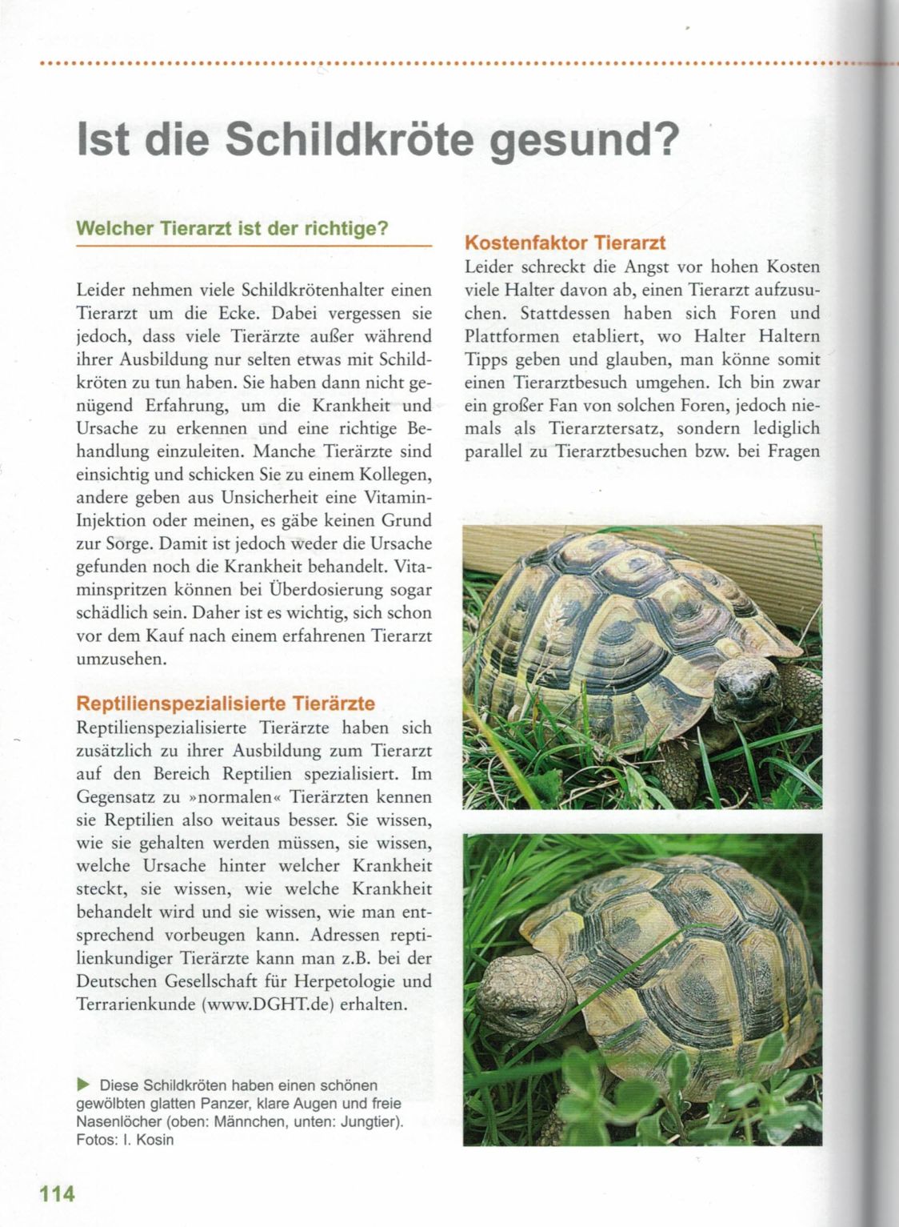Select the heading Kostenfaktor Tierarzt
point(565,243)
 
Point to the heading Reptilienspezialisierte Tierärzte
point(226,704)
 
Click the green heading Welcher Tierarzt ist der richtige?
point(232,228)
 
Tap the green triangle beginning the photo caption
point(84,1085)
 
